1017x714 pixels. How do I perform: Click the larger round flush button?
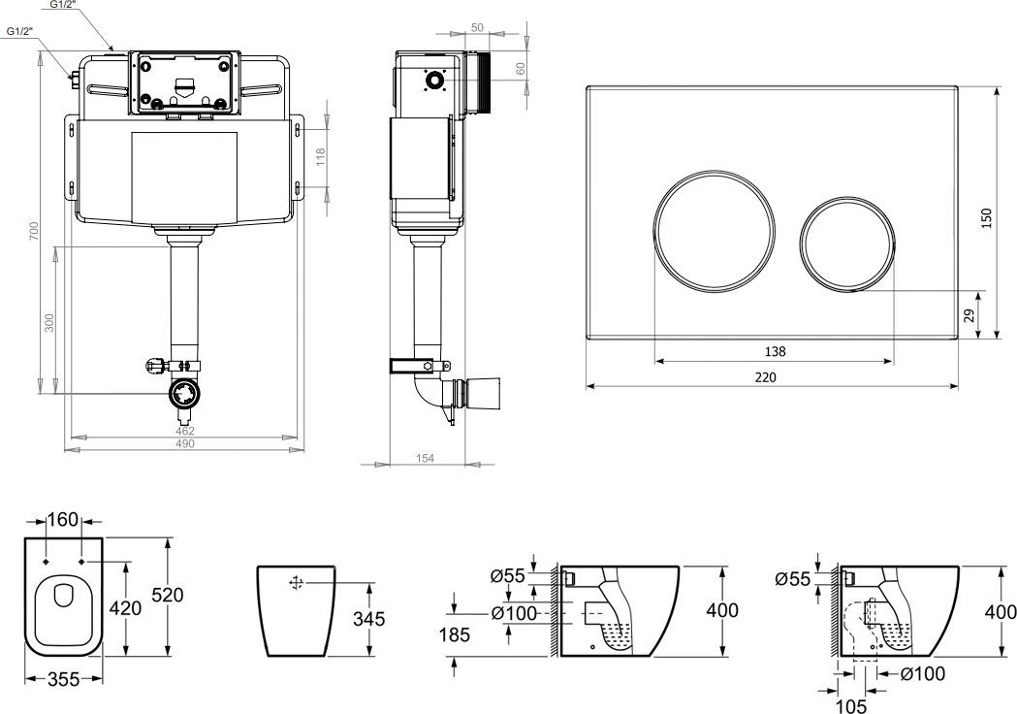point(714,230)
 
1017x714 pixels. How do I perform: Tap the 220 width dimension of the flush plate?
point(765,377)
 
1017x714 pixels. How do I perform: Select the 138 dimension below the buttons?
point(775,351)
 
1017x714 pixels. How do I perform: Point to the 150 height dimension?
point(986,218)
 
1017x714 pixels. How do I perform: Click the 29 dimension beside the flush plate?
point(969,315)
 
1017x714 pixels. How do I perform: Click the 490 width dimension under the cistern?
point(185,444)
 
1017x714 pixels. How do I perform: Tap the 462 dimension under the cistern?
point(185,431)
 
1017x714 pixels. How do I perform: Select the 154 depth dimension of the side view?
point(425,458)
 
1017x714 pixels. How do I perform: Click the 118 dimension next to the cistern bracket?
point(320,157)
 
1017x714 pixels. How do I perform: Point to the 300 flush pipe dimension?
point(49,322)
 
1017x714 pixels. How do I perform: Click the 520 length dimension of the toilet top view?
point(168,595)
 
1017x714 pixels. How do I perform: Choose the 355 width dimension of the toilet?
point(64,680)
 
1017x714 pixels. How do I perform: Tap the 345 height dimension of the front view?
point(368,619)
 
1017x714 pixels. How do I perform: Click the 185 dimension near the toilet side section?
point(454,634)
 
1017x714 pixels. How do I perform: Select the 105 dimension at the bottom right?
point(851,705)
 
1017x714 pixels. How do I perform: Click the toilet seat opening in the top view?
point(64,596)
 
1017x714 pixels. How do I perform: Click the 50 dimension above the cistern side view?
point(477,27)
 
